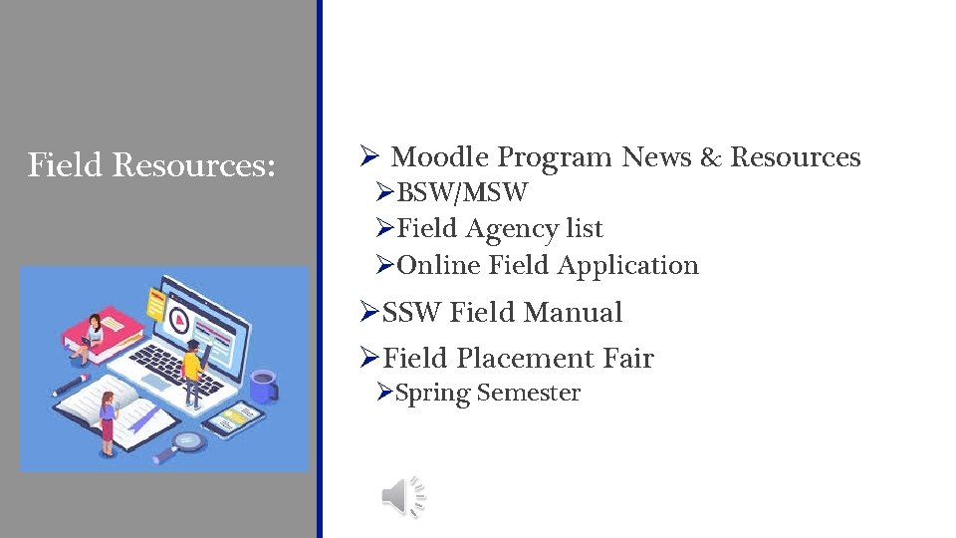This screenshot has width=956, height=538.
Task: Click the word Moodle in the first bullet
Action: pyautogui.click(x=440, y=157)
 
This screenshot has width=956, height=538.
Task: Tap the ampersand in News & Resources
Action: pyautogui.click(x=710, y=157)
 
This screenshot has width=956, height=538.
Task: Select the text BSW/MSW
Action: pyautogui.click(x=462, y=191)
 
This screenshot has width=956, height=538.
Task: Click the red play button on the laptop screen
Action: pyautogui.click(x=180, y=321)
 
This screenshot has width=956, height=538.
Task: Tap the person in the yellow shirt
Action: pyautogui.click(x=192, y=369)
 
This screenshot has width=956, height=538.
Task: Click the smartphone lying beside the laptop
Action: pyautogui.click(x=232, y=415)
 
